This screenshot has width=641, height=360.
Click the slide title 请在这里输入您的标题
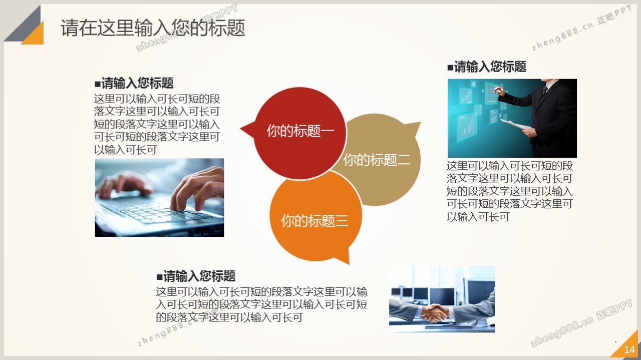coord(153,28)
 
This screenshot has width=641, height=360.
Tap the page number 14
coord(629,349)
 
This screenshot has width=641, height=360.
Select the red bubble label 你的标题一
coord(300,131)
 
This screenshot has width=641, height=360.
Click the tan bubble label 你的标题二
coord(377,159)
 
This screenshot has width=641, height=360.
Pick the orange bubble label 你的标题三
coord(315,221)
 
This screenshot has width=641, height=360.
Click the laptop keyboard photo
coord(159,197)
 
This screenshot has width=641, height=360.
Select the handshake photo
coord(442,299)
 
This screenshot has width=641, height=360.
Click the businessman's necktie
coord(544,92)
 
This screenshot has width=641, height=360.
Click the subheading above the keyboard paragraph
coord(134,83)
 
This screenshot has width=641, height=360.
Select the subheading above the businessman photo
coord(487,67)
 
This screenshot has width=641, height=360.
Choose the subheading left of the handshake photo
coord(196,276)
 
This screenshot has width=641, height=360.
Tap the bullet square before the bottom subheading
coord(159,277)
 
